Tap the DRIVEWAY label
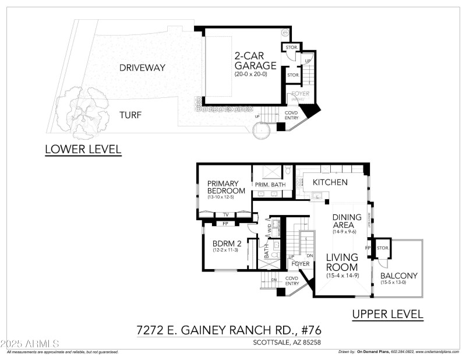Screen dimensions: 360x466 142,68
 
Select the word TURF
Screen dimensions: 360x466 132,115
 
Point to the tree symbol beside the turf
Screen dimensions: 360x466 86,110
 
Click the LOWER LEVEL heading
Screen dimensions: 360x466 83,150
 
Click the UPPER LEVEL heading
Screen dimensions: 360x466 387,315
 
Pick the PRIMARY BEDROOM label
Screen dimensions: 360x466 227,188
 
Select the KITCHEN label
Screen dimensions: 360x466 330,182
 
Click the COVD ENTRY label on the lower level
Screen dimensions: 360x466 292,115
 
